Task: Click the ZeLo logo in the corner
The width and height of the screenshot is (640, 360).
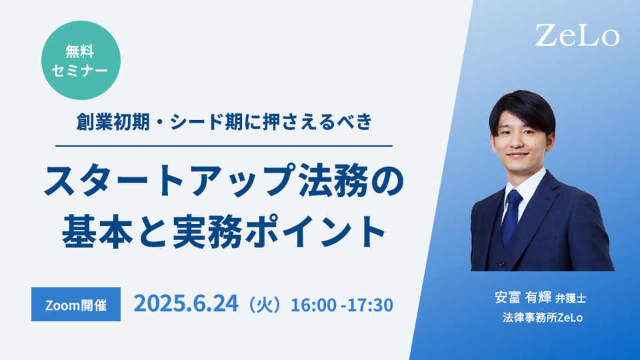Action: [x=577, y=35]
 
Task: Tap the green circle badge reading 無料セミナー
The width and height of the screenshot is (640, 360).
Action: [x=81, y=61]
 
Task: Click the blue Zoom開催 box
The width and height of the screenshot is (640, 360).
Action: [x=76, y=305]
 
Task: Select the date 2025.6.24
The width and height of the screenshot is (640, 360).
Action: [x=186, y=304]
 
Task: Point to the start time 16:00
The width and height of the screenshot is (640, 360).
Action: [x=313, y=305]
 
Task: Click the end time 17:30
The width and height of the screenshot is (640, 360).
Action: [x=370, y=305]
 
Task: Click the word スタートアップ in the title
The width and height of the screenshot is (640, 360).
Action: [x=171, y=179]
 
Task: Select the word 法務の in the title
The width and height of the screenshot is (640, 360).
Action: [x=352, y=179]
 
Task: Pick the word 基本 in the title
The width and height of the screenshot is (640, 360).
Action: [x=97, y=231]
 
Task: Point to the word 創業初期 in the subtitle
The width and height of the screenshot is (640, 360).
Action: [x=113, y=121]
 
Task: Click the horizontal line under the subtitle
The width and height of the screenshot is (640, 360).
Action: [x=224, y=146]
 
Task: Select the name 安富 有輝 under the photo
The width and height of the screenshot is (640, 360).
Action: [x=523, y=297]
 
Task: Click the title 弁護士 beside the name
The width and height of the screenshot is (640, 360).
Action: [x=571, y=299]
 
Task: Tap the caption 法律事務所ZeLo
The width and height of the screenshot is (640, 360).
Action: [x=543, y=317]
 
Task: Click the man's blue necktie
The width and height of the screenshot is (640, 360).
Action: [x=511, y=215]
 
